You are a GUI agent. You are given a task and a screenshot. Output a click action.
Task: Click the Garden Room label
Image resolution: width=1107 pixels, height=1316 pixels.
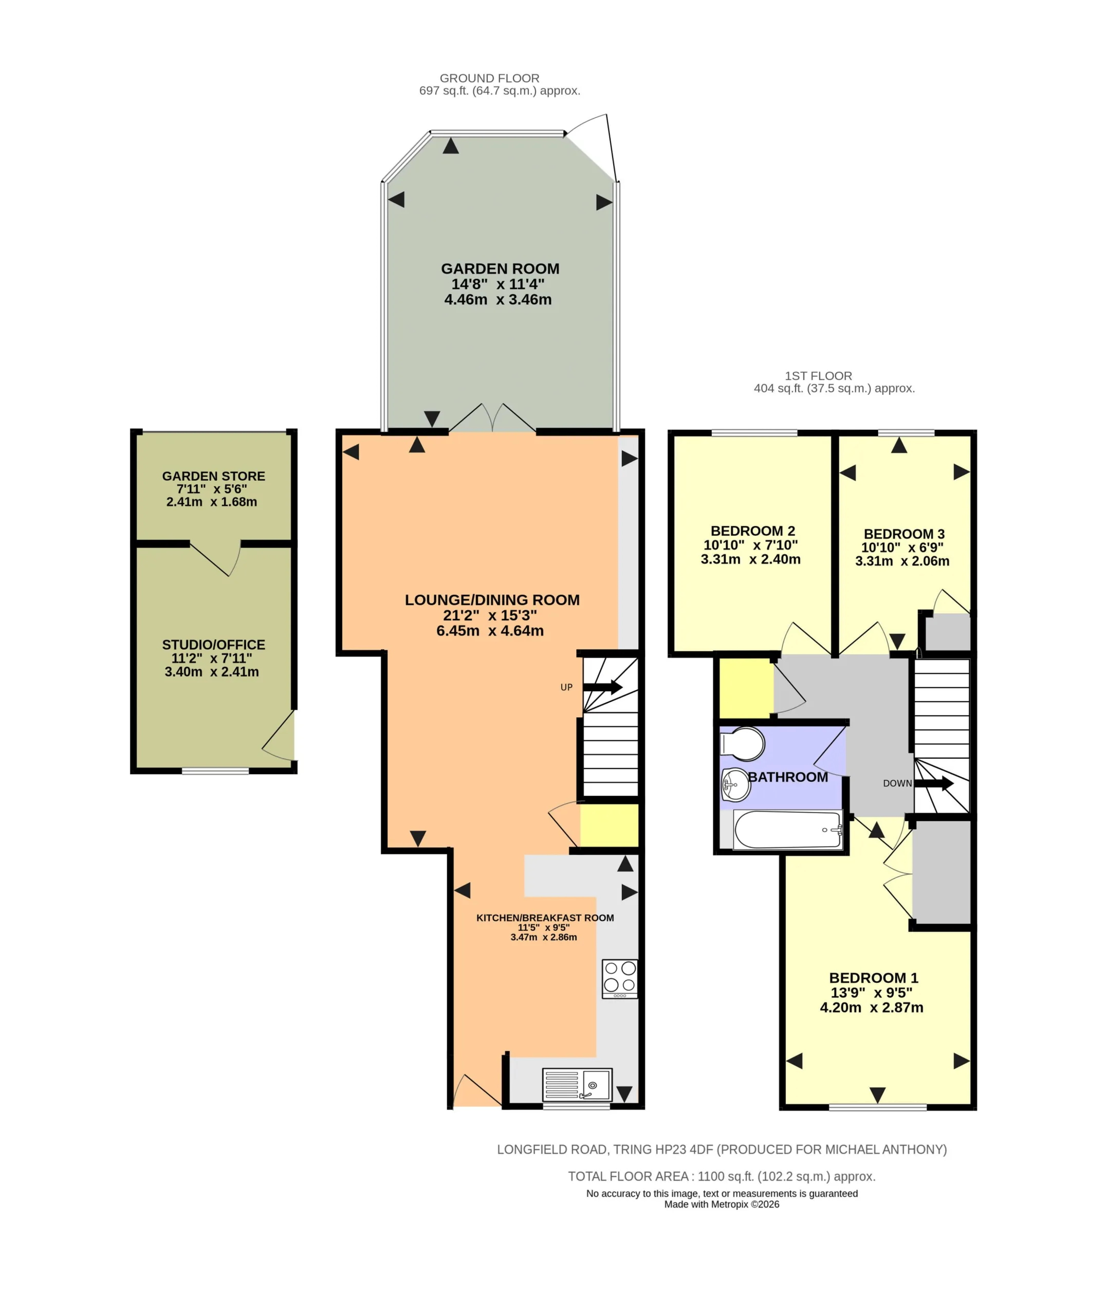click(500, 268)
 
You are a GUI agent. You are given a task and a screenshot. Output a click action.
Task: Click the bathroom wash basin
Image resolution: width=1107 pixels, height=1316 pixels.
click(735, 784)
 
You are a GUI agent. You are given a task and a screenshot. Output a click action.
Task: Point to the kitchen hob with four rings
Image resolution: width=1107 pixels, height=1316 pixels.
click(619, 978)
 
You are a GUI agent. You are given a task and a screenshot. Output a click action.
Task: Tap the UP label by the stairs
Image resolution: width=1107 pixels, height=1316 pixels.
click(566, 687)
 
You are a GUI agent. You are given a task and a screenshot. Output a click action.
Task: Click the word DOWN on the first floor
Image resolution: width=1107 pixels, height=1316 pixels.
click(897, 783)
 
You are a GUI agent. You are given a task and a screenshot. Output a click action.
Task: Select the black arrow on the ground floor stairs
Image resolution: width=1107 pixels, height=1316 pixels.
click(602, 687)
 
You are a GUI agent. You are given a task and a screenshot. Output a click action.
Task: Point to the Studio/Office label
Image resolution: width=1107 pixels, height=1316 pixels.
click(213, 645)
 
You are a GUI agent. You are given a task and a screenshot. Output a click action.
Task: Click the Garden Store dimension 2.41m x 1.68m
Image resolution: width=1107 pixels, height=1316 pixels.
click(212, 501)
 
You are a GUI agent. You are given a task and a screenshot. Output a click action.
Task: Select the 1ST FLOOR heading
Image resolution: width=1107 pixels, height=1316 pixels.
click(818, 376)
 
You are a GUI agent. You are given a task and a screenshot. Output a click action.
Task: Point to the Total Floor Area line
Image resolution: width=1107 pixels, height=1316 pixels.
click(722, 1176)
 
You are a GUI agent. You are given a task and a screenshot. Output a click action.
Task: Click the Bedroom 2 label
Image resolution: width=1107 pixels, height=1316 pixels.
click(752, 531)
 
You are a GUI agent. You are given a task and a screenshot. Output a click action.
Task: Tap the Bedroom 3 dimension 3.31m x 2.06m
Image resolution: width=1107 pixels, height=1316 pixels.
click(902, 561)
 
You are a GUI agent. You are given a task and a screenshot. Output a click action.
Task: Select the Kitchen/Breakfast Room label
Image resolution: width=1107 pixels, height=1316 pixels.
click(545, 918)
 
